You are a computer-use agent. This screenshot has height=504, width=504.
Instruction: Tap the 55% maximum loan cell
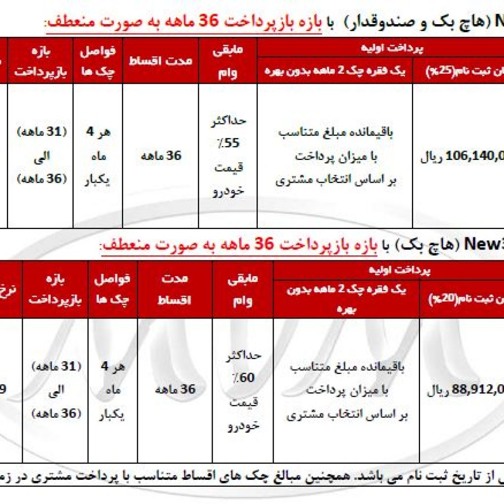228,156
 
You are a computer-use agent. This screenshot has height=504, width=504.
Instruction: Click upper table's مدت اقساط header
160,61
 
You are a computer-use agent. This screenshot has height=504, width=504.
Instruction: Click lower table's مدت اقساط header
175,289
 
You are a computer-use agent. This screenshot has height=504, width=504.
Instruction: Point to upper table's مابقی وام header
228,61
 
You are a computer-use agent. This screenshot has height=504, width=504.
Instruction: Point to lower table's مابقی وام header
243,289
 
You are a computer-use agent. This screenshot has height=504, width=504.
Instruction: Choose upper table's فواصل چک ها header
97,61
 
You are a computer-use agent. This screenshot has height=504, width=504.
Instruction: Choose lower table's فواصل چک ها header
113,289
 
